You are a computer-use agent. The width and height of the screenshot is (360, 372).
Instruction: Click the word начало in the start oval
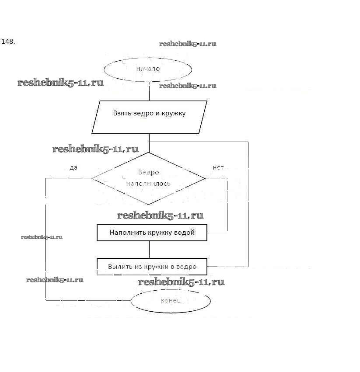147,69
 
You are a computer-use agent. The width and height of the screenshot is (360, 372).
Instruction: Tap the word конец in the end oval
171,301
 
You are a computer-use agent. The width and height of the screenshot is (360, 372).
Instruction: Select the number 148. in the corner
8,42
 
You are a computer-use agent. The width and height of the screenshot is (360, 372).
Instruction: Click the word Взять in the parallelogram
122,113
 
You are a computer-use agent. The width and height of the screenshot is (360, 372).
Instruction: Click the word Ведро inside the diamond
148,172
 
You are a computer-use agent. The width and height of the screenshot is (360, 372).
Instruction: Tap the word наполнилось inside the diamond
148,184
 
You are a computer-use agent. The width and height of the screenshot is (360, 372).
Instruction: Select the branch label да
73,168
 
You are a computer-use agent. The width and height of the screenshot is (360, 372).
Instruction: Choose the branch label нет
218,168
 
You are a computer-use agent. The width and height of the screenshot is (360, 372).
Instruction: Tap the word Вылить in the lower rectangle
119,267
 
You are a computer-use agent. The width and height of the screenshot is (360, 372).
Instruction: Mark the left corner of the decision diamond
92,178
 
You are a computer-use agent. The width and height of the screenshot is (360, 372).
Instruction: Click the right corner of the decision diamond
205,178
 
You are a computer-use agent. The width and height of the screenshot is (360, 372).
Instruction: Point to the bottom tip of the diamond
149,205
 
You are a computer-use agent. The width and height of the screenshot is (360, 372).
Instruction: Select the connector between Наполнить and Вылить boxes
149,250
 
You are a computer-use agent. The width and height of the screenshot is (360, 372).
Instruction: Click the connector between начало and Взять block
149,91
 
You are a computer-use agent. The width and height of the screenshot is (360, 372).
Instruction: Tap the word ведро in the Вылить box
187,267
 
